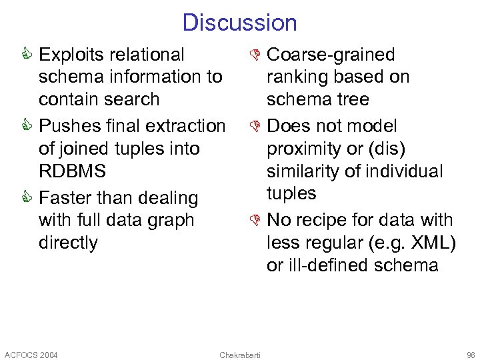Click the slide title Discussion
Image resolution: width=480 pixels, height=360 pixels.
point(239,23)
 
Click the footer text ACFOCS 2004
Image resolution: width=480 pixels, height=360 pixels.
point(31,354)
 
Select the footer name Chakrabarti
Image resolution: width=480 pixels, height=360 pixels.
point(240,354)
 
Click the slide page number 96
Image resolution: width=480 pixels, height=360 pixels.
point(471,354)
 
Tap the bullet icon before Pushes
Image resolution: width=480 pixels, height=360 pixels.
point(28,126)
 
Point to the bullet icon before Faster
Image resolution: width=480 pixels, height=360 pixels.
point(28,198)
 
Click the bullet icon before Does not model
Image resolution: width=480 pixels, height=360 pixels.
point(256,126)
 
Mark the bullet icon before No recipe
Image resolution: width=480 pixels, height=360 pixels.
point(256,220)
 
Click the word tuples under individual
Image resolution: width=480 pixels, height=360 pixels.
point(291,193)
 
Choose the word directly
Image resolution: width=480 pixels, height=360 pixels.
point(68,243)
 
